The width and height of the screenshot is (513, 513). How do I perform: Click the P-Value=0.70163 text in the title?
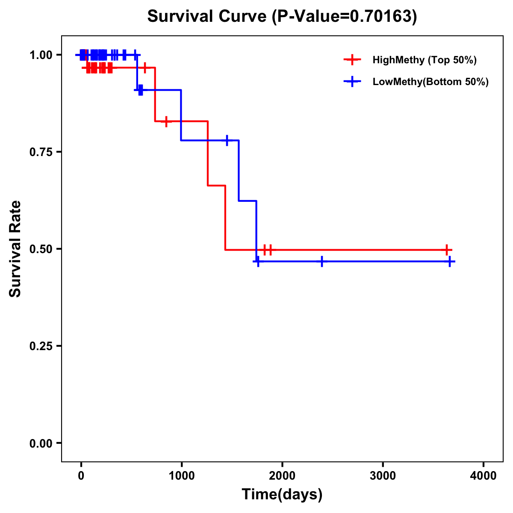[345, 16]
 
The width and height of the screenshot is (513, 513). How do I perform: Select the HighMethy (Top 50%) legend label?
[424, 60]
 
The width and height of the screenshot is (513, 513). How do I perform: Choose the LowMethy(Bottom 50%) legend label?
[430, 82]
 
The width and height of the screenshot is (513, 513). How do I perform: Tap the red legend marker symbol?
[352, 60]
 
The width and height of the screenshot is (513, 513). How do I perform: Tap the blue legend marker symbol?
[352, 82]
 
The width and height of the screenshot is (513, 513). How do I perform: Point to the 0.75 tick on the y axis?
[41, 152]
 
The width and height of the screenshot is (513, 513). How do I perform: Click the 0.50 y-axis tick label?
[41, 249]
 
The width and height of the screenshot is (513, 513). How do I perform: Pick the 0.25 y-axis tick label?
[41, 346]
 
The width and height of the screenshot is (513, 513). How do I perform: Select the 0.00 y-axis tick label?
[41, 443]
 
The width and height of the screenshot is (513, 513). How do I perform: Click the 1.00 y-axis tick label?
[41, 55]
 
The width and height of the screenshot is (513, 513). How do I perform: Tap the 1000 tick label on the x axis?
[181, 476]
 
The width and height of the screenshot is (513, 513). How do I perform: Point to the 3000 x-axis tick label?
[383, 476]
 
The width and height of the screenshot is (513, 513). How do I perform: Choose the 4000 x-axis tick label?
[484, 476]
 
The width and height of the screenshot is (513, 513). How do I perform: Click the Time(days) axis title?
[282, 494]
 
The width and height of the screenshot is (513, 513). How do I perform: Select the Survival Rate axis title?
[15, 249]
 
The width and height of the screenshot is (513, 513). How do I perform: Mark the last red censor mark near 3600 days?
[446, 250]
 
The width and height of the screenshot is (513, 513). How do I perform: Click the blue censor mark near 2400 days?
[322, 262]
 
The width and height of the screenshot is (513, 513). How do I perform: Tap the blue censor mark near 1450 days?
[227, 140]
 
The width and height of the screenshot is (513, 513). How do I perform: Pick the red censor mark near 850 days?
[166, 121]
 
